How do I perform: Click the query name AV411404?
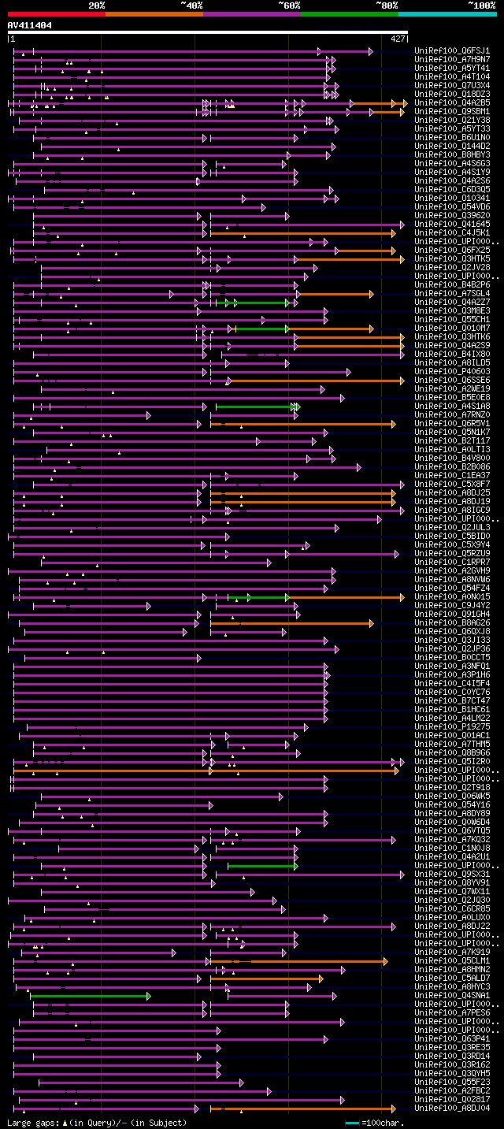coord(30,25)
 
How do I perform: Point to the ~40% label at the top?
coord(191,6)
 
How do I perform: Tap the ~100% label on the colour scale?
coord(481,6)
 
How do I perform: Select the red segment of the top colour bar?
coord(56,13)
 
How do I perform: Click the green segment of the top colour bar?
coord(349,13)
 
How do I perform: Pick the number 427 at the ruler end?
coord(398,38)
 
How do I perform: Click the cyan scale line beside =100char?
coord(352,1123)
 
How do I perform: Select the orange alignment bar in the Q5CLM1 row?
coord(299,961)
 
